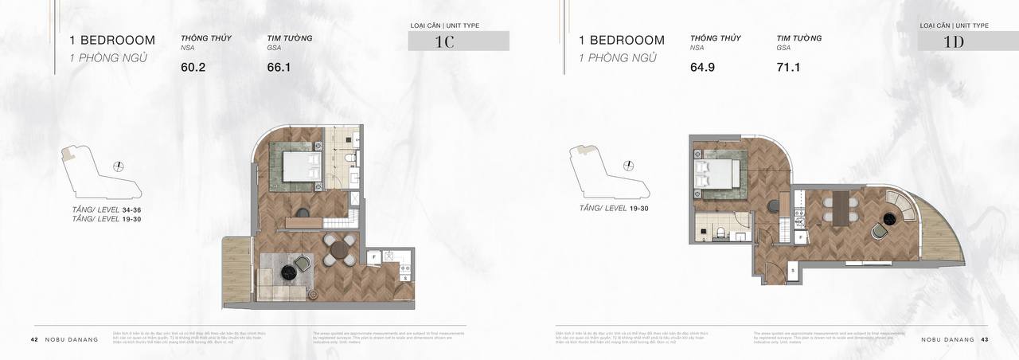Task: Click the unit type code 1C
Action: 443,42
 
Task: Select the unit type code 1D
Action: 953,42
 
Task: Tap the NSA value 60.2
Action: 193,68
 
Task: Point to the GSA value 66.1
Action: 279,68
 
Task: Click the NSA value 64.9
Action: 703,68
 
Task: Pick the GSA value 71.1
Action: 788,68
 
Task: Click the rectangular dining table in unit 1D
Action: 841,208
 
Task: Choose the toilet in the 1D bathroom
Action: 719,233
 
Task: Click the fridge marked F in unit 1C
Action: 373,257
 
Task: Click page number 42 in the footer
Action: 34,339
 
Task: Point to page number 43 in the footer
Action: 985,339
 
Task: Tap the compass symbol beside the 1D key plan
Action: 630,166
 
